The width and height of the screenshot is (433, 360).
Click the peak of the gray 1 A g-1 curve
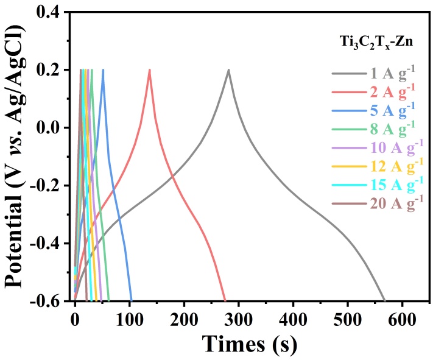pyautogui.click(x=229, y=69)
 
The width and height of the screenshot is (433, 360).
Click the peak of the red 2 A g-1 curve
pyautogui.click(x=149, y=69)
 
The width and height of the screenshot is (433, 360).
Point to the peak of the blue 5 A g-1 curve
pyautogui.click(x=103, y=69)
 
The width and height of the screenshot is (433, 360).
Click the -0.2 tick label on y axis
pyautogui.click(x=48, y=186)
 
